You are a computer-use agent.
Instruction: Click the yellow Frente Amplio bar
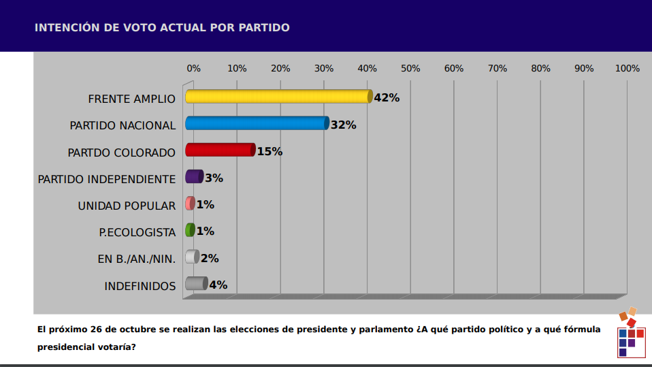278,97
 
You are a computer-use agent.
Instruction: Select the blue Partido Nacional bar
257,123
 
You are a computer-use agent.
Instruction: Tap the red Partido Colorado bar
220,150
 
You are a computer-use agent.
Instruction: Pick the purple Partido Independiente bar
194,177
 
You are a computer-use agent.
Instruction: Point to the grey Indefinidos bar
196,284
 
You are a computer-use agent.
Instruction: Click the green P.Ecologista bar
190,230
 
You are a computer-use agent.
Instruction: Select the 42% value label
387,98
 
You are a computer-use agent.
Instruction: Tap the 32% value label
344,125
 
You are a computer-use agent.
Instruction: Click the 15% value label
270,151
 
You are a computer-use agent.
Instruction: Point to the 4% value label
218,285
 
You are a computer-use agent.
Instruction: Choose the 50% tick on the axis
410,69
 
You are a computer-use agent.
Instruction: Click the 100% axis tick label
627,69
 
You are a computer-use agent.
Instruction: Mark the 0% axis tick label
194,69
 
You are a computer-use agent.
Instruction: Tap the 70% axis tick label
498,69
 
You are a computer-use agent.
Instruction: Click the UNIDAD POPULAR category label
127,206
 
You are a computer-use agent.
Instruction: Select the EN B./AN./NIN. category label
137,259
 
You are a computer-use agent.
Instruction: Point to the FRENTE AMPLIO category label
131,99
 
